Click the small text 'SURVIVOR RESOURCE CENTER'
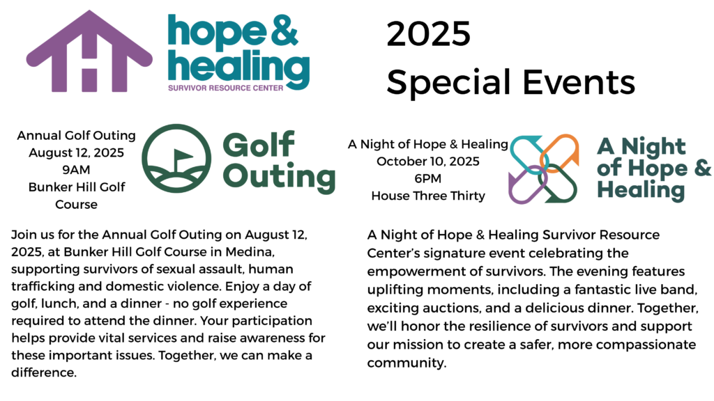[x=225, y=88]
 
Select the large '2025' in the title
[x=428, y=34]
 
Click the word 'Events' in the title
[x=578, y=82]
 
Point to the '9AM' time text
[x=76, y=170]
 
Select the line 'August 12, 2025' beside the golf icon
[x=76, y=152]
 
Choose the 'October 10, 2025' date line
[x=428, y=162]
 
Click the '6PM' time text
[x=428, y=178]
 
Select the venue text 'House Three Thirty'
[x=428, y=196]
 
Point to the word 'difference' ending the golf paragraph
[x=44, y=372]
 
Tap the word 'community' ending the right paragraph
[x=407, y=363]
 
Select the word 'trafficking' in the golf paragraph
[x=43, y=286]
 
